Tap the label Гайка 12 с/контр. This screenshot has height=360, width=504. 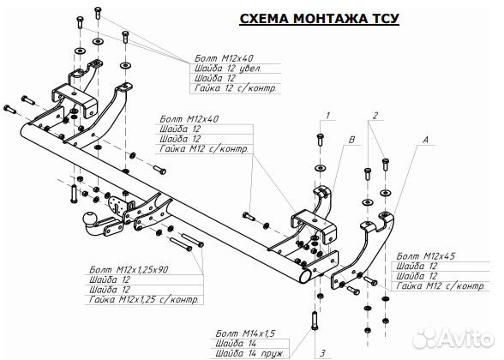(236, 87)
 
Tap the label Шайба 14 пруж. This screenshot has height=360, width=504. (249, 351)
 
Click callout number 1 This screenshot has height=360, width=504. (327, 114)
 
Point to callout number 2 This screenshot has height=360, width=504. (375, 114)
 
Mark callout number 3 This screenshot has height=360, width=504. (322, 351)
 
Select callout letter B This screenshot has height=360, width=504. (350, 138)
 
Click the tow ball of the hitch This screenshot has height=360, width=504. (88, 216)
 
